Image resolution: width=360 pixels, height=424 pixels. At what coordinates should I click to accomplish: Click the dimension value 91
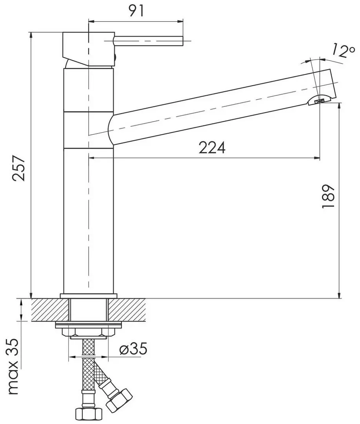[136, 11]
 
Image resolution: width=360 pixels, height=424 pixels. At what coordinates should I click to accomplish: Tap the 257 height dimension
[19, 168]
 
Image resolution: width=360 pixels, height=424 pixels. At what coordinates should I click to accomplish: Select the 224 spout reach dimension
[212, 148]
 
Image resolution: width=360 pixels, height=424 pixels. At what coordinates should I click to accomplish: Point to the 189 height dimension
[328, 196]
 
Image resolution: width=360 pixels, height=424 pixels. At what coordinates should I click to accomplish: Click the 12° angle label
[339, 51]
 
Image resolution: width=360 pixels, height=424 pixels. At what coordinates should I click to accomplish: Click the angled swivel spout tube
[216, 106]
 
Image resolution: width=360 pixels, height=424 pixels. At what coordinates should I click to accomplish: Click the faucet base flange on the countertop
[88, 295]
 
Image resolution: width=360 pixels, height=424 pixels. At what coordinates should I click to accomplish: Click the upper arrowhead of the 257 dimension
[31, 35]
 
